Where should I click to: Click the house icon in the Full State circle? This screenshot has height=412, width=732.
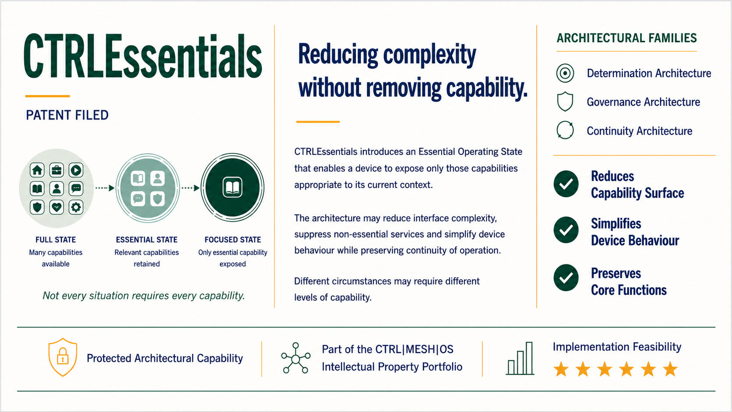point(37,170)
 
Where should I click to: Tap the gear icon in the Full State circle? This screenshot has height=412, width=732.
point(76,207)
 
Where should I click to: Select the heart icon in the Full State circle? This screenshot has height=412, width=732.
point(57,207)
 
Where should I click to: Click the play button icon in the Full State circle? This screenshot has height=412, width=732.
point(76,170)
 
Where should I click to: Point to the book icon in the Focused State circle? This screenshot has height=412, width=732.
point(232,187)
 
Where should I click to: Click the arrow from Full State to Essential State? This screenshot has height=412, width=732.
point(105,188)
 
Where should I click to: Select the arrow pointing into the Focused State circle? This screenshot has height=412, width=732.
point(190,188)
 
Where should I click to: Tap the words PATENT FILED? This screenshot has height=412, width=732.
point(67,115)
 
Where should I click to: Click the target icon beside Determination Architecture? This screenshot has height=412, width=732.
point(565,73)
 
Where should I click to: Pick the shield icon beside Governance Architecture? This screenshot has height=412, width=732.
point(565,102)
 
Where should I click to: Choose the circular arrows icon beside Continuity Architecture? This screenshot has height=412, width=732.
point(565,130)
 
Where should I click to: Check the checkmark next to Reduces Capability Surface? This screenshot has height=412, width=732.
point(566,184)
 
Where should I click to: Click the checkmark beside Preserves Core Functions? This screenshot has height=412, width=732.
point(566,278)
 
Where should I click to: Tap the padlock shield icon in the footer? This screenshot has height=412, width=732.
point(63,357)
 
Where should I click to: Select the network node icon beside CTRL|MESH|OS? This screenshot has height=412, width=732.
point(296,358)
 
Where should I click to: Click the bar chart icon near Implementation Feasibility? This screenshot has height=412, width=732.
point(520,358)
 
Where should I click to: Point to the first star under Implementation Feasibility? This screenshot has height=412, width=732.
point(561,369)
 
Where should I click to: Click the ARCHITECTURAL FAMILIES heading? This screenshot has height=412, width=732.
point(627,38)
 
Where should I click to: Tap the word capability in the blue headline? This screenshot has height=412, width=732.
point(487,88)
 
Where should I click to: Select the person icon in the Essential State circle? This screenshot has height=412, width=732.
point(158,179)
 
